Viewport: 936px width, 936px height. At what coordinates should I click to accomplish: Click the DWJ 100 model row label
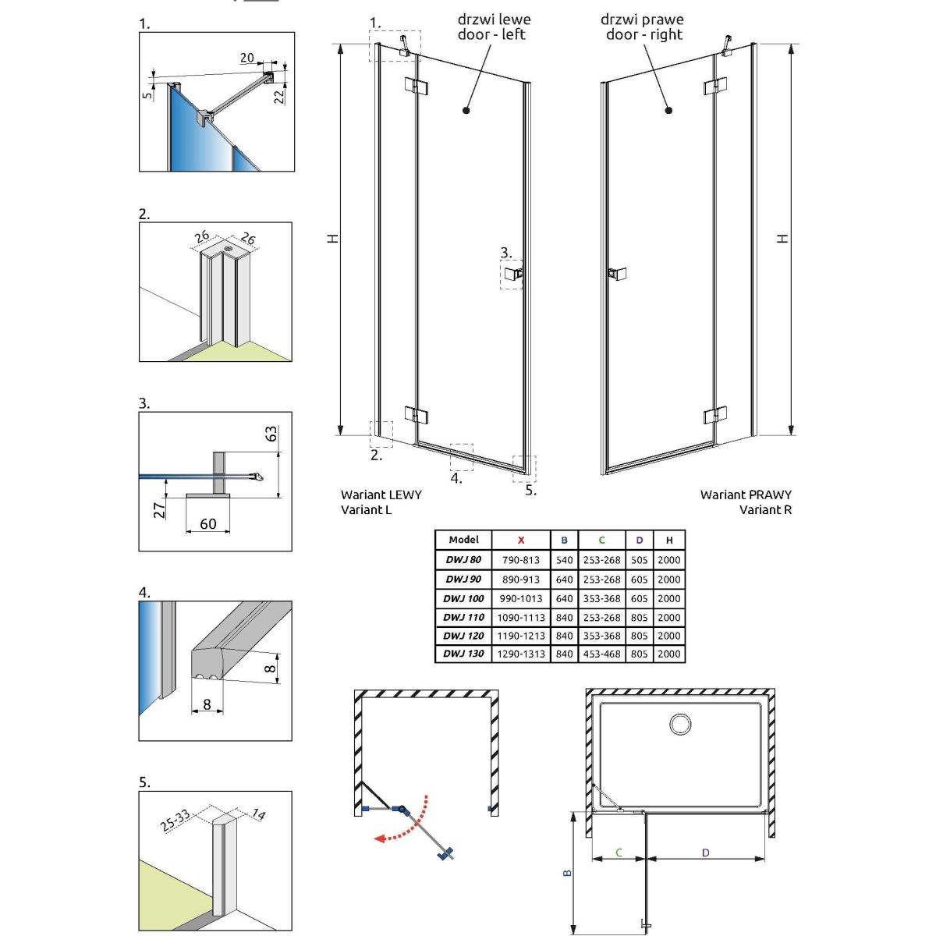pyautogui.click(x=463, y=598)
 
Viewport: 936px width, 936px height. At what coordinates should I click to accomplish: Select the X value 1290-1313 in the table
pyautogui.click(x=521, y=654)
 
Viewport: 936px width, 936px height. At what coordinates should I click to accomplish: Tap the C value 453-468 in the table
pyautogui.click(x=602, y=654)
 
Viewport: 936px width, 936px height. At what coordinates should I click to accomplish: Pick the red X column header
pyautogui.click(x=521, y=540)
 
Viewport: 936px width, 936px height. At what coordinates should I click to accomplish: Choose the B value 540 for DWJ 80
pyautogui.click(x=564, y=560)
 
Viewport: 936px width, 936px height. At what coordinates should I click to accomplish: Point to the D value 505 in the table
pyautogui.click(x=640, y=560)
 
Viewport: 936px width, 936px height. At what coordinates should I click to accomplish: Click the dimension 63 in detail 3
pyautogui.click(x=271, y=433)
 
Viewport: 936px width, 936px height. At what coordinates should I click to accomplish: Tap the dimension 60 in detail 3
pyautogui.click(x=207, y=524)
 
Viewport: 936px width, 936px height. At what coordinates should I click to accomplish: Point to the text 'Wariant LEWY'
pyautogui.click(x=381, y=495)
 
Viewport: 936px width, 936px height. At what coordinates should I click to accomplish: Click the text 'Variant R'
pyautogui.click(x=765, y=510)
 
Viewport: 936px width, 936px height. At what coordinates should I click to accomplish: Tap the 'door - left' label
pyautogui.click(x=491, y=35)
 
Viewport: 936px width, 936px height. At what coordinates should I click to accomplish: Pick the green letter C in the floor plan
pyautogui.click(x=619, y=853)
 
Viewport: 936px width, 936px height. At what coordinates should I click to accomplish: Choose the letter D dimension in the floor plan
pyautogui.click(x=705, y=853)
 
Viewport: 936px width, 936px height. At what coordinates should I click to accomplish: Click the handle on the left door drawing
pyautogui.click(x=515, y=273)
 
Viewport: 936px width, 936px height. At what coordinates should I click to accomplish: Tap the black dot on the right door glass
pyautogui.click(x=668, y=111)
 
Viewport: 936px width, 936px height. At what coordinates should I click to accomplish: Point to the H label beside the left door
pyautogui.click(x=333, y=238)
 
